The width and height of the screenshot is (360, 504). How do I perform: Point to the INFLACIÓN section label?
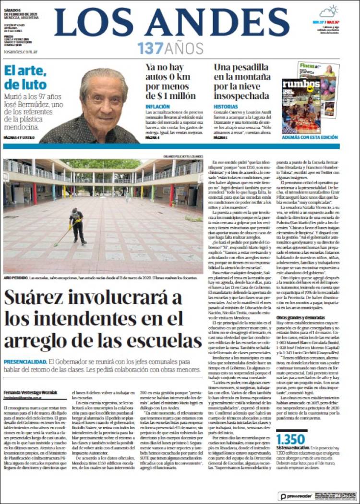(157, 106)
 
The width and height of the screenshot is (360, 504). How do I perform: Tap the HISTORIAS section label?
(225, 107)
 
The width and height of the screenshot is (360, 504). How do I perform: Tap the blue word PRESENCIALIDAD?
(24, 361)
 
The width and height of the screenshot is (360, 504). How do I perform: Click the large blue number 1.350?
(291, 440)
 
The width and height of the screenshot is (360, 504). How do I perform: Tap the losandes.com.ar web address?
(20, 50)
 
